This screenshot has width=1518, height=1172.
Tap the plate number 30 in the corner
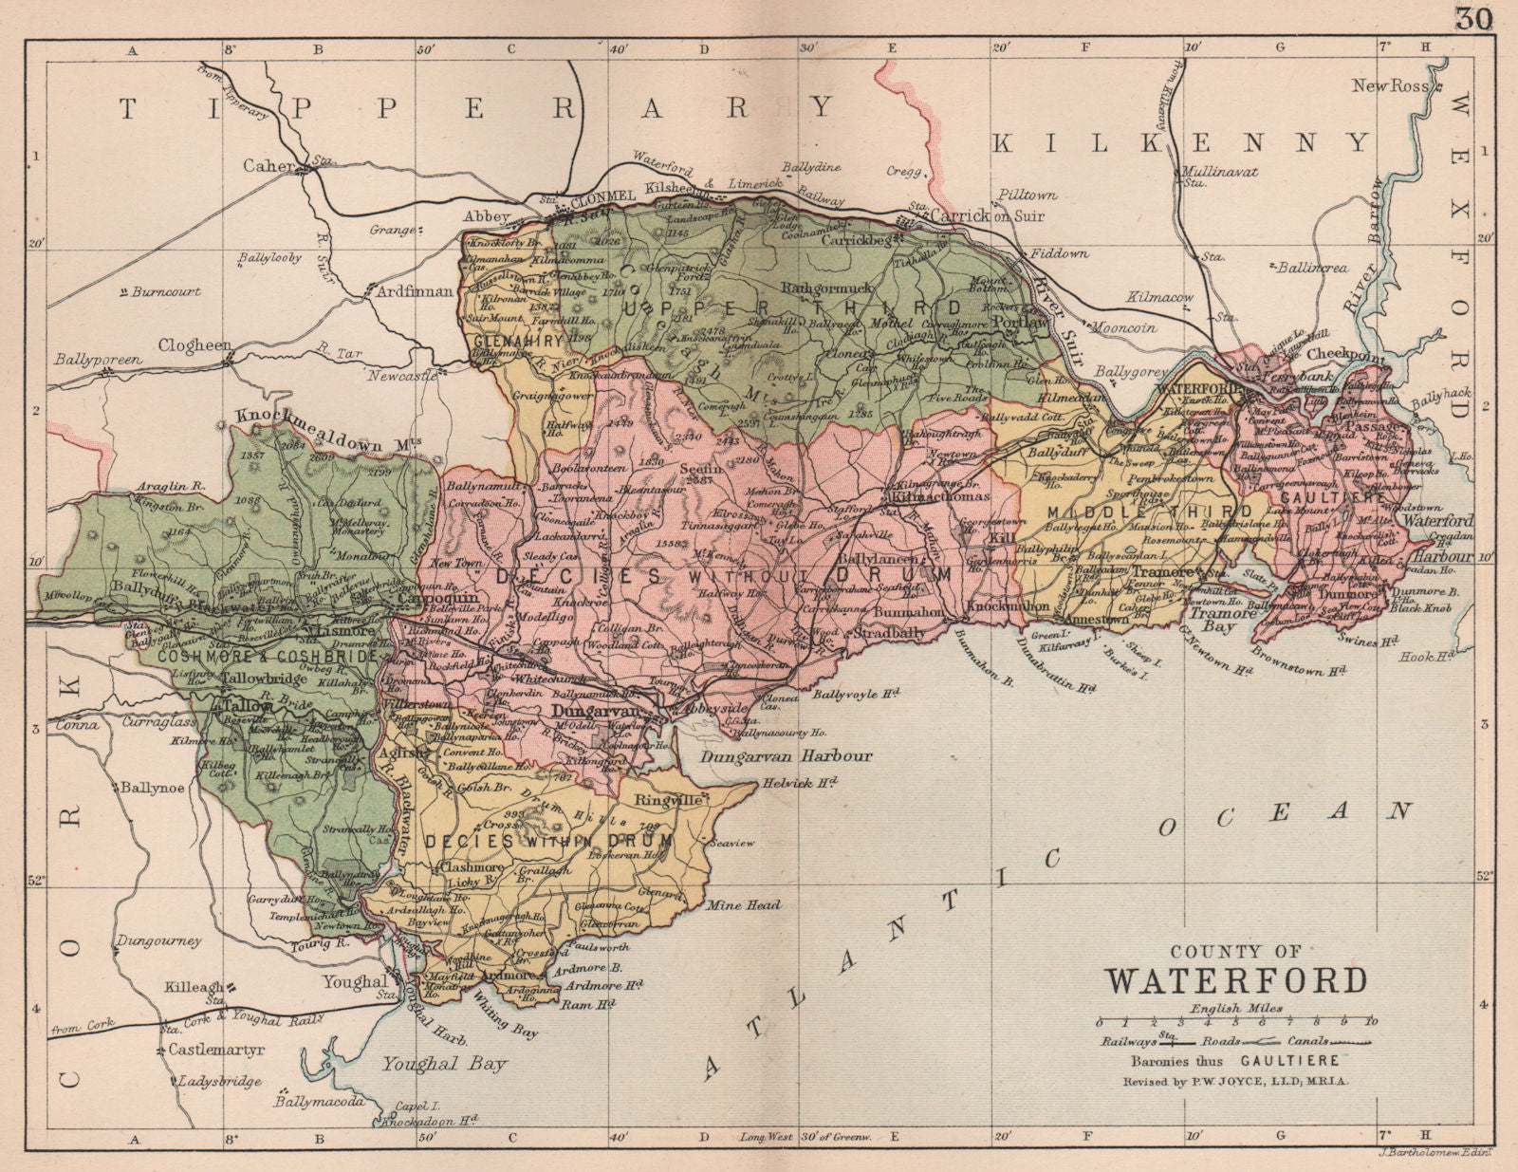(x=1473, y=18)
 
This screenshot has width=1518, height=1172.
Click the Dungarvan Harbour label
(x=786, y=756)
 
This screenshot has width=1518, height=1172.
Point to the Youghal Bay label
(x=444, y=1064)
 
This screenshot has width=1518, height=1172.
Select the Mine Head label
(x=744, y=905)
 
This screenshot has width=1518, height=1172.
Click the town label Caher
(x=269, y=165)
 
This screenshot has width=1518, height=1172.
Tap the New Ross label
(x=1390, y=86)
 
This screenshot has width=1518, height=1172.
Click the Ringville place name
(x=669, y=800)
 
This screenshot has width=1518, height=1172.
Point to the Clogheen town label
(x=194, y=346)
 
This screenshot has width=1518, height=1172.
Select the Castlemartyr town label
(x=215, y=1050)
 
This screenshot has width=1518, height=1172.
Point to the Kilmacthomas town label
(x=937, y=496)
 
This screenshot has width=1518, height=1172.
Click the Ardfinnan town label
(x=415, y=291)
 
